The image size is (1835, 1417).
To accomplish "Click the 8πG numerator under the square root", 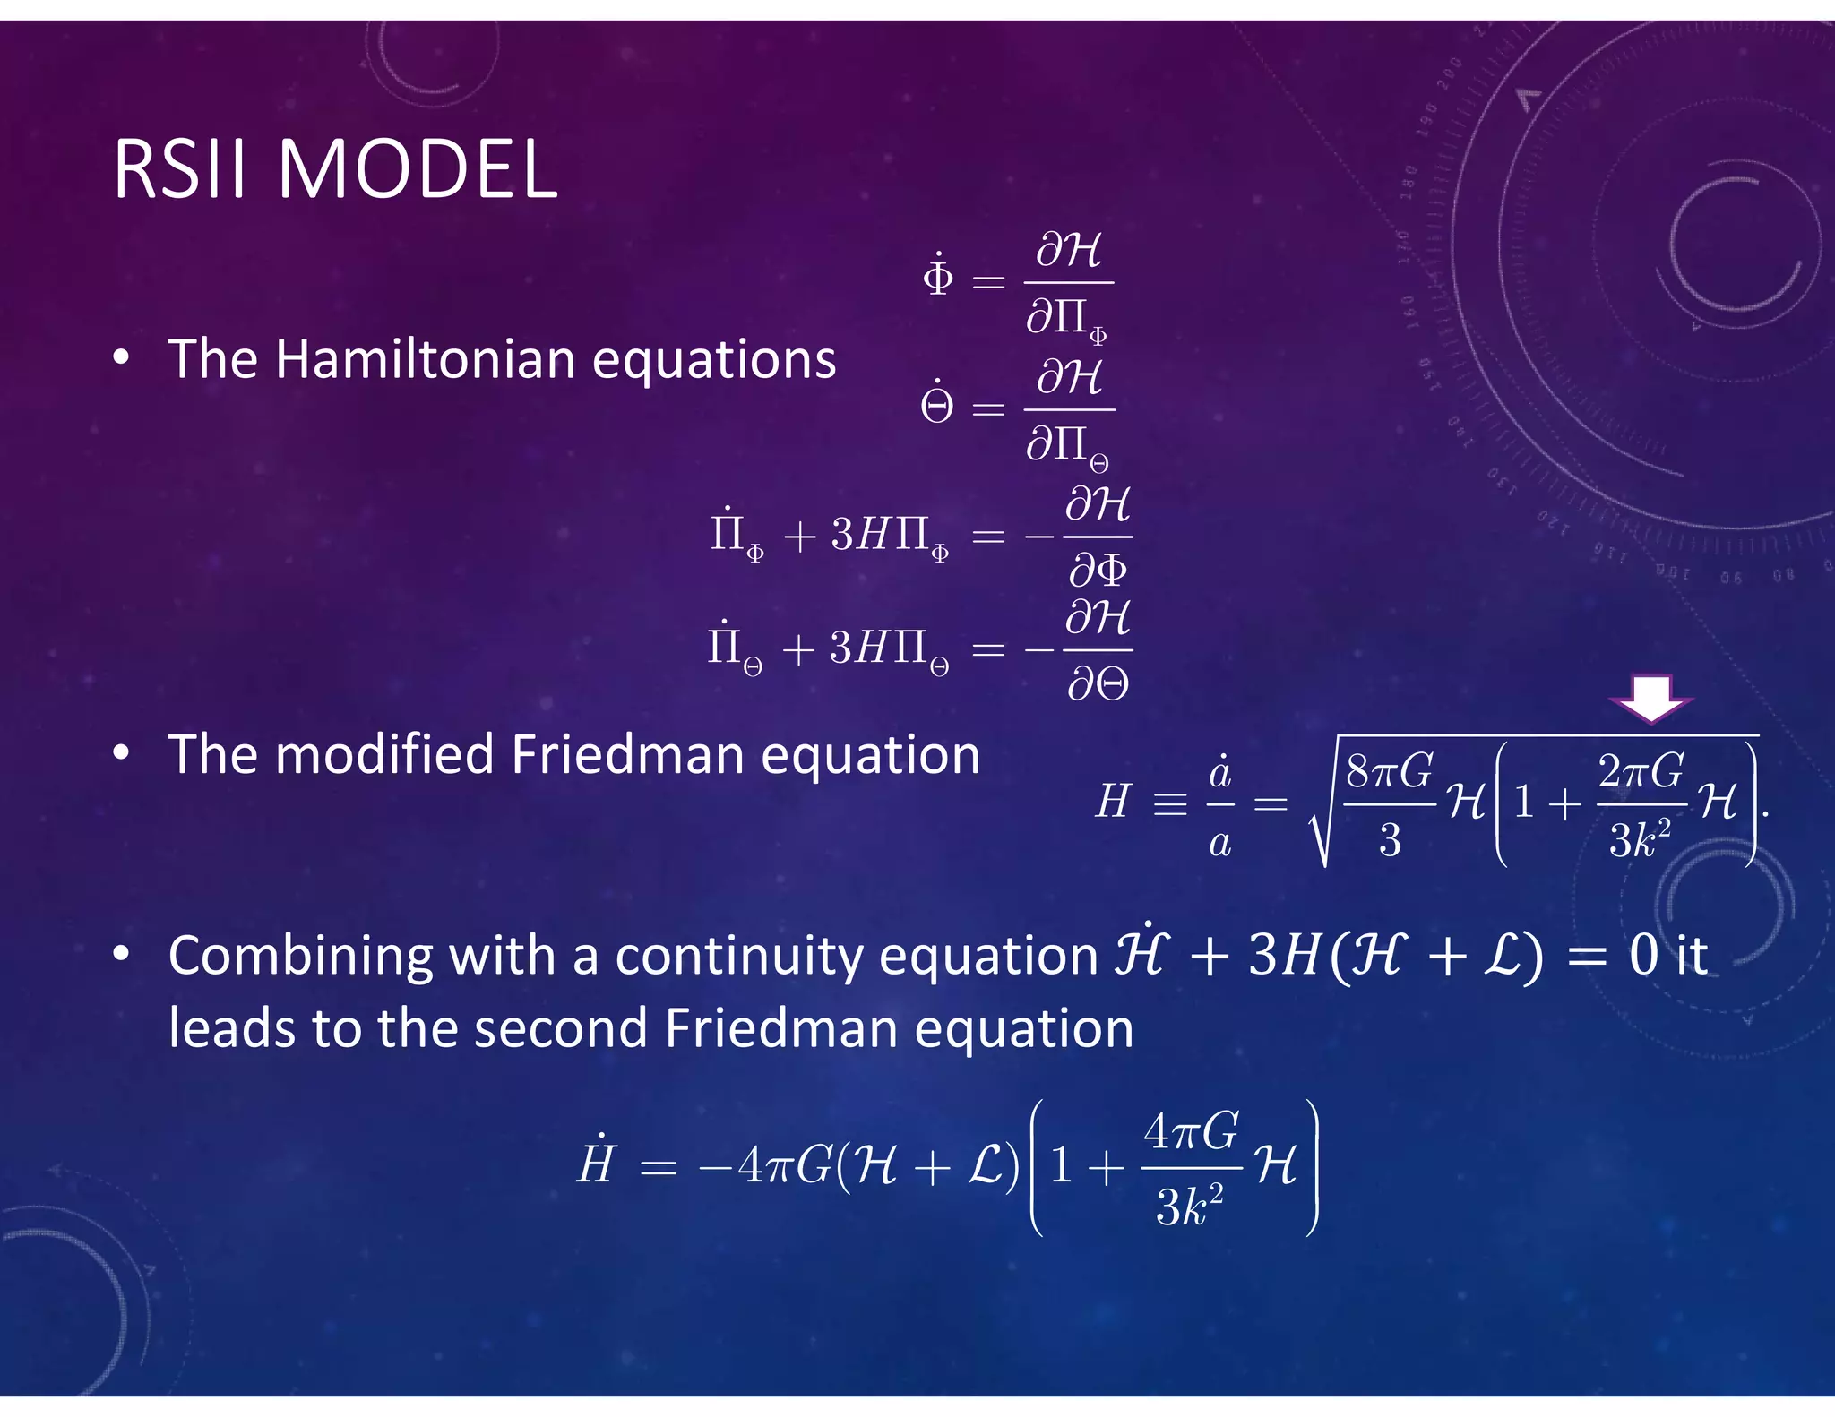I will (x=1389, y=771).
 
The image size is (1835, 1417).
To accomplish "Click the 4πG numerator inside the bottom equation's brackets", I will (x=1192, y=1132).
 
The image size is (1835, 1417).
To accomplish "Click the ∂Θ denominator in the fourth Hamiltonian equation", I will (x=1098, y=685).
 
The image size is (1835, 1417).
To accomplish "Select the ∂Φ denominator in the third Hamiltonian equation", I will (x=1098, y=570).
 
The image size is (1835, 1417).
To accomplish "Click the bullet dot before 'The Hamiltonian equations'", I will (x=121, y=358).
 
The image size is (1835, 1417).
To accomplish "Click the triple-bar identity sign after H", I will (x=1170, y=803).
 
